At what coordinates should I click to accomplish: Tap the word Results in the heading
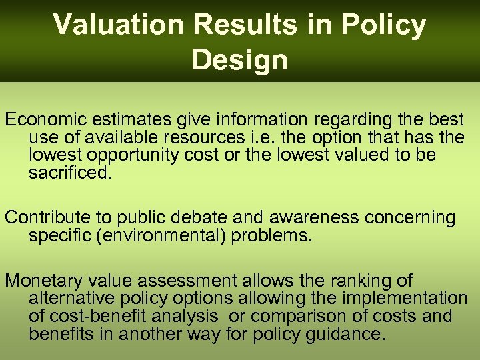(x=239, y=25)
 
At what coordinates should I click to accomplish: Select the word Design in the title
(x=240, y=60)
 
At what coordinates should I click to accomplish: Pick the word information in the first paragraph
(x=245, y=120)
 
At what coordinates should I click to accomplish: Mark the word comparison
(x=297, y=316)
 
